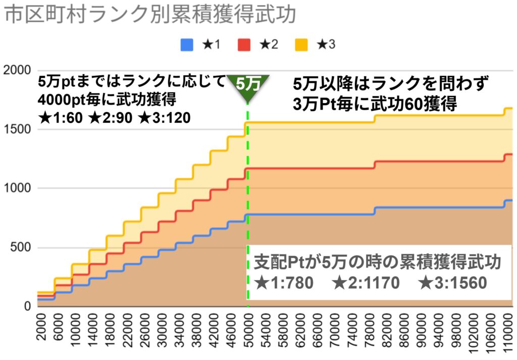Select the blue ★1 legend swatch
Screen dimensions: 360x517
(x=187, y=45)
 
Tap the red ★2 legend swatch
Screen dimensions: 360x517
(x=243, y=45)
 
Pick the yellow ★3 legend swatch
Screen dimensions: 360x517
(x=300, y=45)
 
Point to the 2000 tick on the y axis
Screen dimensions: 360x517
(x=17, y=70)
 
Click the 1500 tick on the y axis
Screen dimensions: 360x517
(x=17, y=129)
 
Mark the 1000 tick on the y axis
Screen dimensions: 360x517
(x=17, y=188)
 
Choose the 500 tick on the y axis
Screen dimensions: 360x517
(x=20, y=247)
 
